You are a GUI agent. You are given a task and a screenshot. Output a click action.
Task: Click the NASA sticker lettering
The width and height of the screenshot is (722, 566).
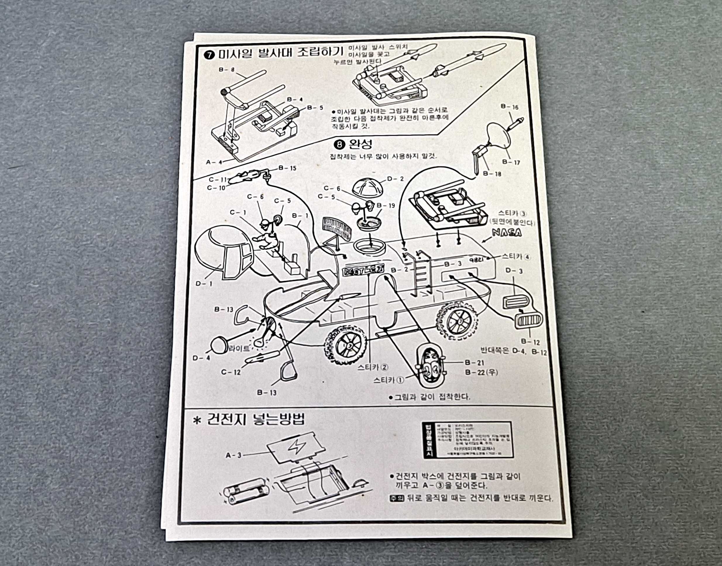pos(507,233)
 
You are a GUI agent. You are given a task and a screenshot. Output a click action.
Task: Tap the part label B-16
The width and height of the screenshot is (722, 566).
pos(510,107)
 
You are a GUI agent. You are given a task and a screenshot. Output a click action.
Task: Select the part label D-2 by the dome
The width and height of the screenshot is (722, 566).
pos(395,179)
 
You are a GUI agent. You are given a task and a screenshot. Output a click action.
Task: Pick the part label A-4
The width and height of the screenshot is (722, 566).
pos(212,162)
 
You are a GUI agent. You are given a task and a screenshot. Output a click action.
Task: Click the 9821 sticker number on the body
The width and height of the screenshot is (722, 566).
pos(478,259)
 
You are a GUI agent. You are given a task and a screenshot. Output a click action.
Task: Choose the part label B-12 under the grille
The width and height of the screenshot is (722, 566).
pos(530,342)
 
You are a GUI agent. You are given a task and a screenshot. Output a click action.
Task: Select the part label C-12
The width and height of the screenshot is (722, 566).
pos(231,372)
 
